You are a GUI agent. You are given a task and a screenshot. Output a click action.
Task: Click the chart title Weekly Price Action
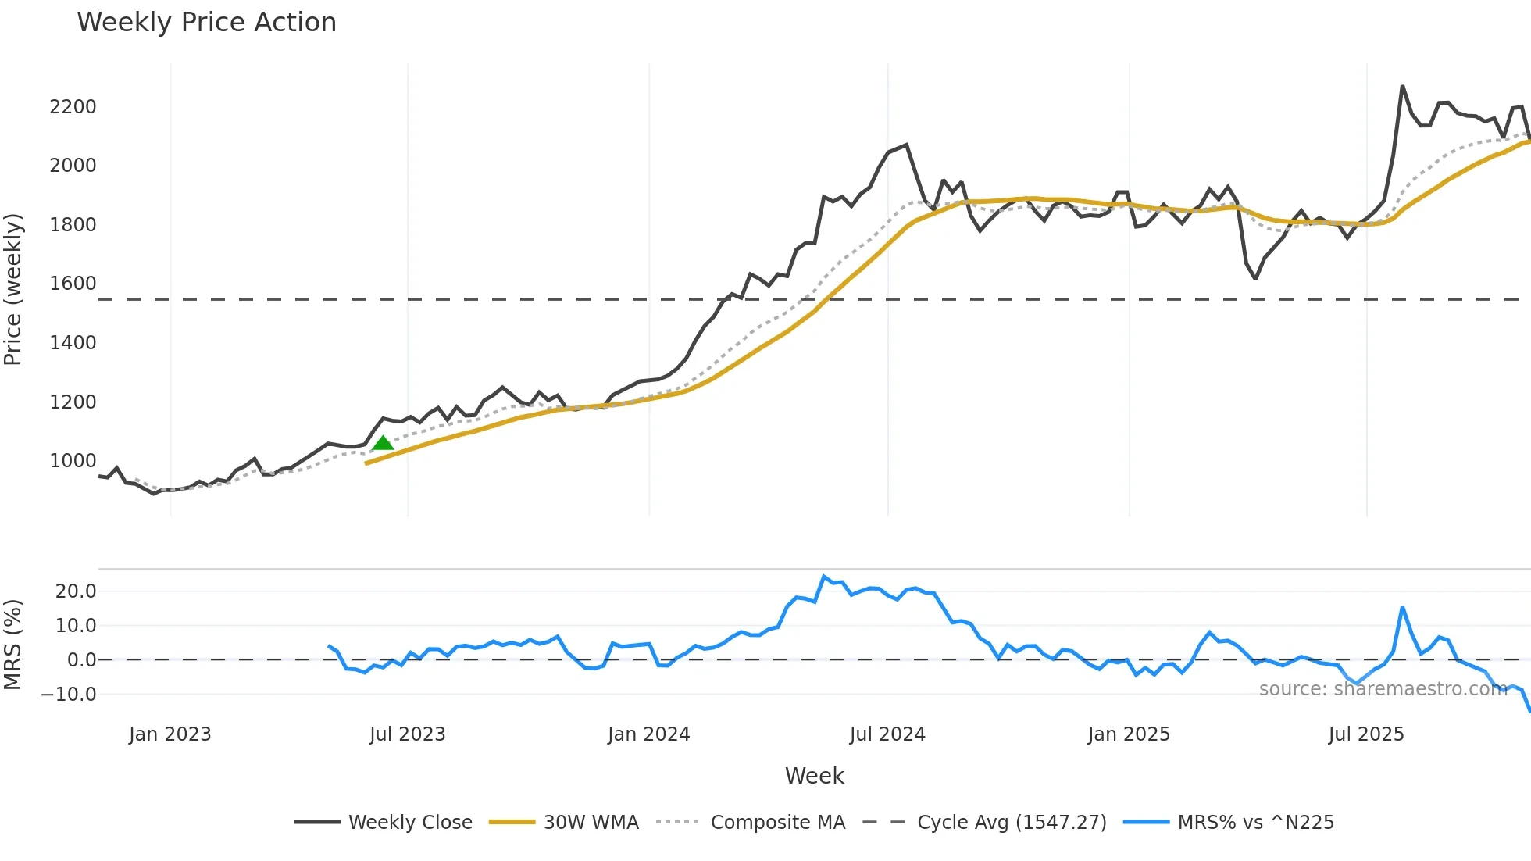(x=206, y=23)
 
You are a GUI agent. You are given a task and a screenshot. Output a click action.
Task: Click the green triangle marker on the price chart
(x=383, y=444)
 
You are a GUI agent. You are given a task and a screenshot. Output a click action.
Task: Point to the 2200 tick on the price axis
(x=73, y=107)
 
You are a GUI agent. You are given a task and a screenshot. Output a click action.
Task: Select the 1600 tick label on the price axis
(x=73, y=284)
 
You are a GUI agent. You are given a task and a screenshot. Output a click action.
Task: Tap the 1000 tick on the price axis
(x=73, y=461)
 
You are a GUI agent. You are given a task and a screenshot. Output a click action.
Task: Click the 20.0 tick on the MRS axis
(x=76, y=591)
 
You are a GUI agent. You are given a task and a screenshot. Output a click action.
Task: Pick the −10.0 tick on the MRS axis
(x=69, y=695)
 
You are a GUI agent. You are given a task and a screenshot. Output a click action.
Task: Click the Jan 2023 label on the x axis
(x=170, y=734)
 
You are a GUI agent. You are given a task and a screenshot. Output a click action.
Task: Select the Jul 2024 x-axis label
(x=887, y=734)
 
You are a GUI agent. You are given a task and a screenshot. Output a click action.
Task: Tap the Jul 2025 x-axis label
(x=1366, y=734)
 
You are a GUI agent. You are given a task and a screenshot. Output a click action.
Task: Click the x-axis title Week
(x=814, y=776)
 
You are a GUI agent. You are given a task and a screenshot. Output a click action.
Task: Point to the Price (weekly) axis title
(x=13, y=289)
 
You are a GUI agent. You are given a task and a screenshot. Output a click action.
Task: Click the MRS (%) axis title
(x=13, y=645)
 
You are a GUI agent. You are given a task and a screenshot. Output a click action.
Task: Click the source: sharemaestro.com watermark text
(x=1383, y=689)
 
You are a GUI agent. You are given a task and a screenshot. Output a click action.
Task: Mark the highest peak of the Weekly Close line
(x=1403, y=87)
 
